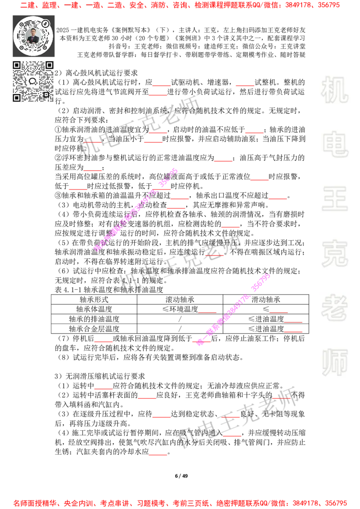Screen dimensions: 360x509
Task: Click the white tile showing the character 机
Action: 334,90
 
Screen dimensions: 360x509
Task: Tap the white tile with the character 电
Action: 336,144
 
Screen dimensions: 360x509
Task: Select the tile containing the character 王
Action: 334,199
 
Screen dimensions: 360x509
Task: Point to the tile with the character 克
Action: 334,254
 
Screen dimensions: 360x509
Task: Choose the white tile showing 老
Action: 334,308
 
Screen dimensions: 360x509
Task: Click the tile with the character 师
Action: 334,363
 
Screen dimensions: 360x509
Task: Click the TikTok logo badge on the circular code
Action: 45,23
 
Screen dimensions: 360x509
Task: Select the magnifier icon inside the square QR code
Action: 32,81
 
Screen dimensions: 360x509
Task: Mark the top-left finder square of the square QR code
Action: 17,65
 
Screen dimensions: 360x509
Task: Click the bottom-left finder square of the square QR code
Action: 17,98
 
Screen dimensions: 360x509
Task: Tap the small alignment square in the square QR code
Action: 46,94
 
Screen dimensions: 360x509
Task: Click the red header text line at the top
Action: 180,5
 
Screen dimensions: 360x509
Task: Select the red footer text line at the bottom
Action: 180,503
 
